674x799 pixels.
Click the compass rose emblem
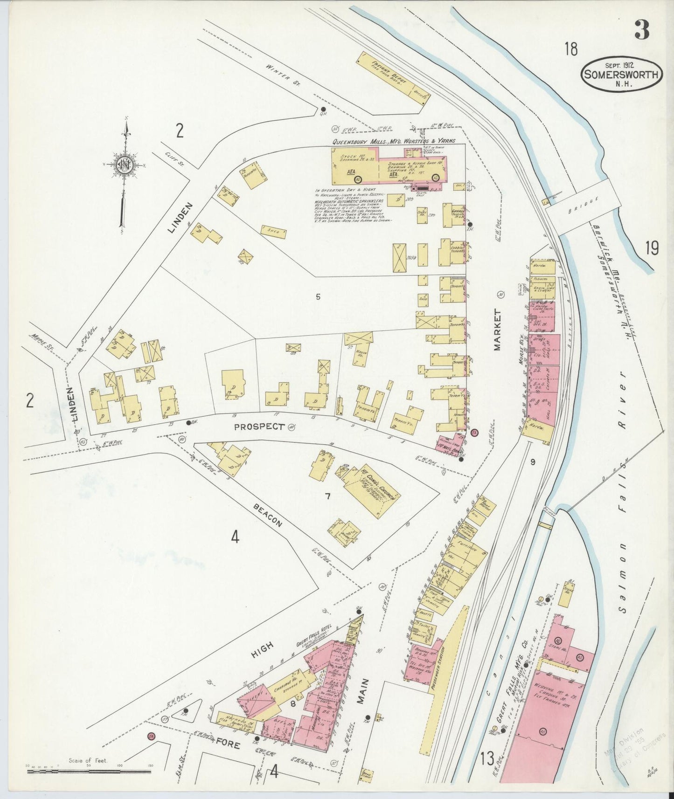click(x=125, y=165)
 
